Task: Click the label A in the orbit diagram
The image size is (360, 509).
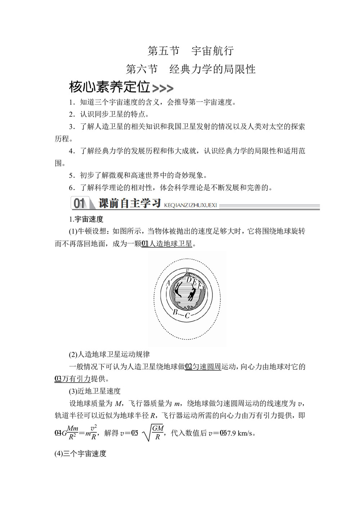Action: (168, 283)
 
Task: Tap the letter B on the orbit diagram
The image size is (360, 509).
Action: (175, 312)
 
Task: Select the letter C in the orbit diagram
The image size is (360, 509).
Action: (187, 316)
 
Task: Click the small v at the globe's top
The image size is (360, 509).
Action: (187, 270)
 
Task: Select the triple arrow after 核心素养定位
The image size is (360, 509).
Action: (163, 88)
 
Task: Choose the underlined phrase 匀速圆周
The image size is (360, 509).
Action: (207, 367)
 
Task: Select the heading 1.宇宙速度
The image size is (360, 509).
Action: (86, 219)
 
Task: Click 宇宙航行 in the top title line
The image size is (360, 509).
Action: (212, 51)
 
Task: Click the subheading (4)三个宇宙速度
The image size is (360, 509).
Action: (81, 454)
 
